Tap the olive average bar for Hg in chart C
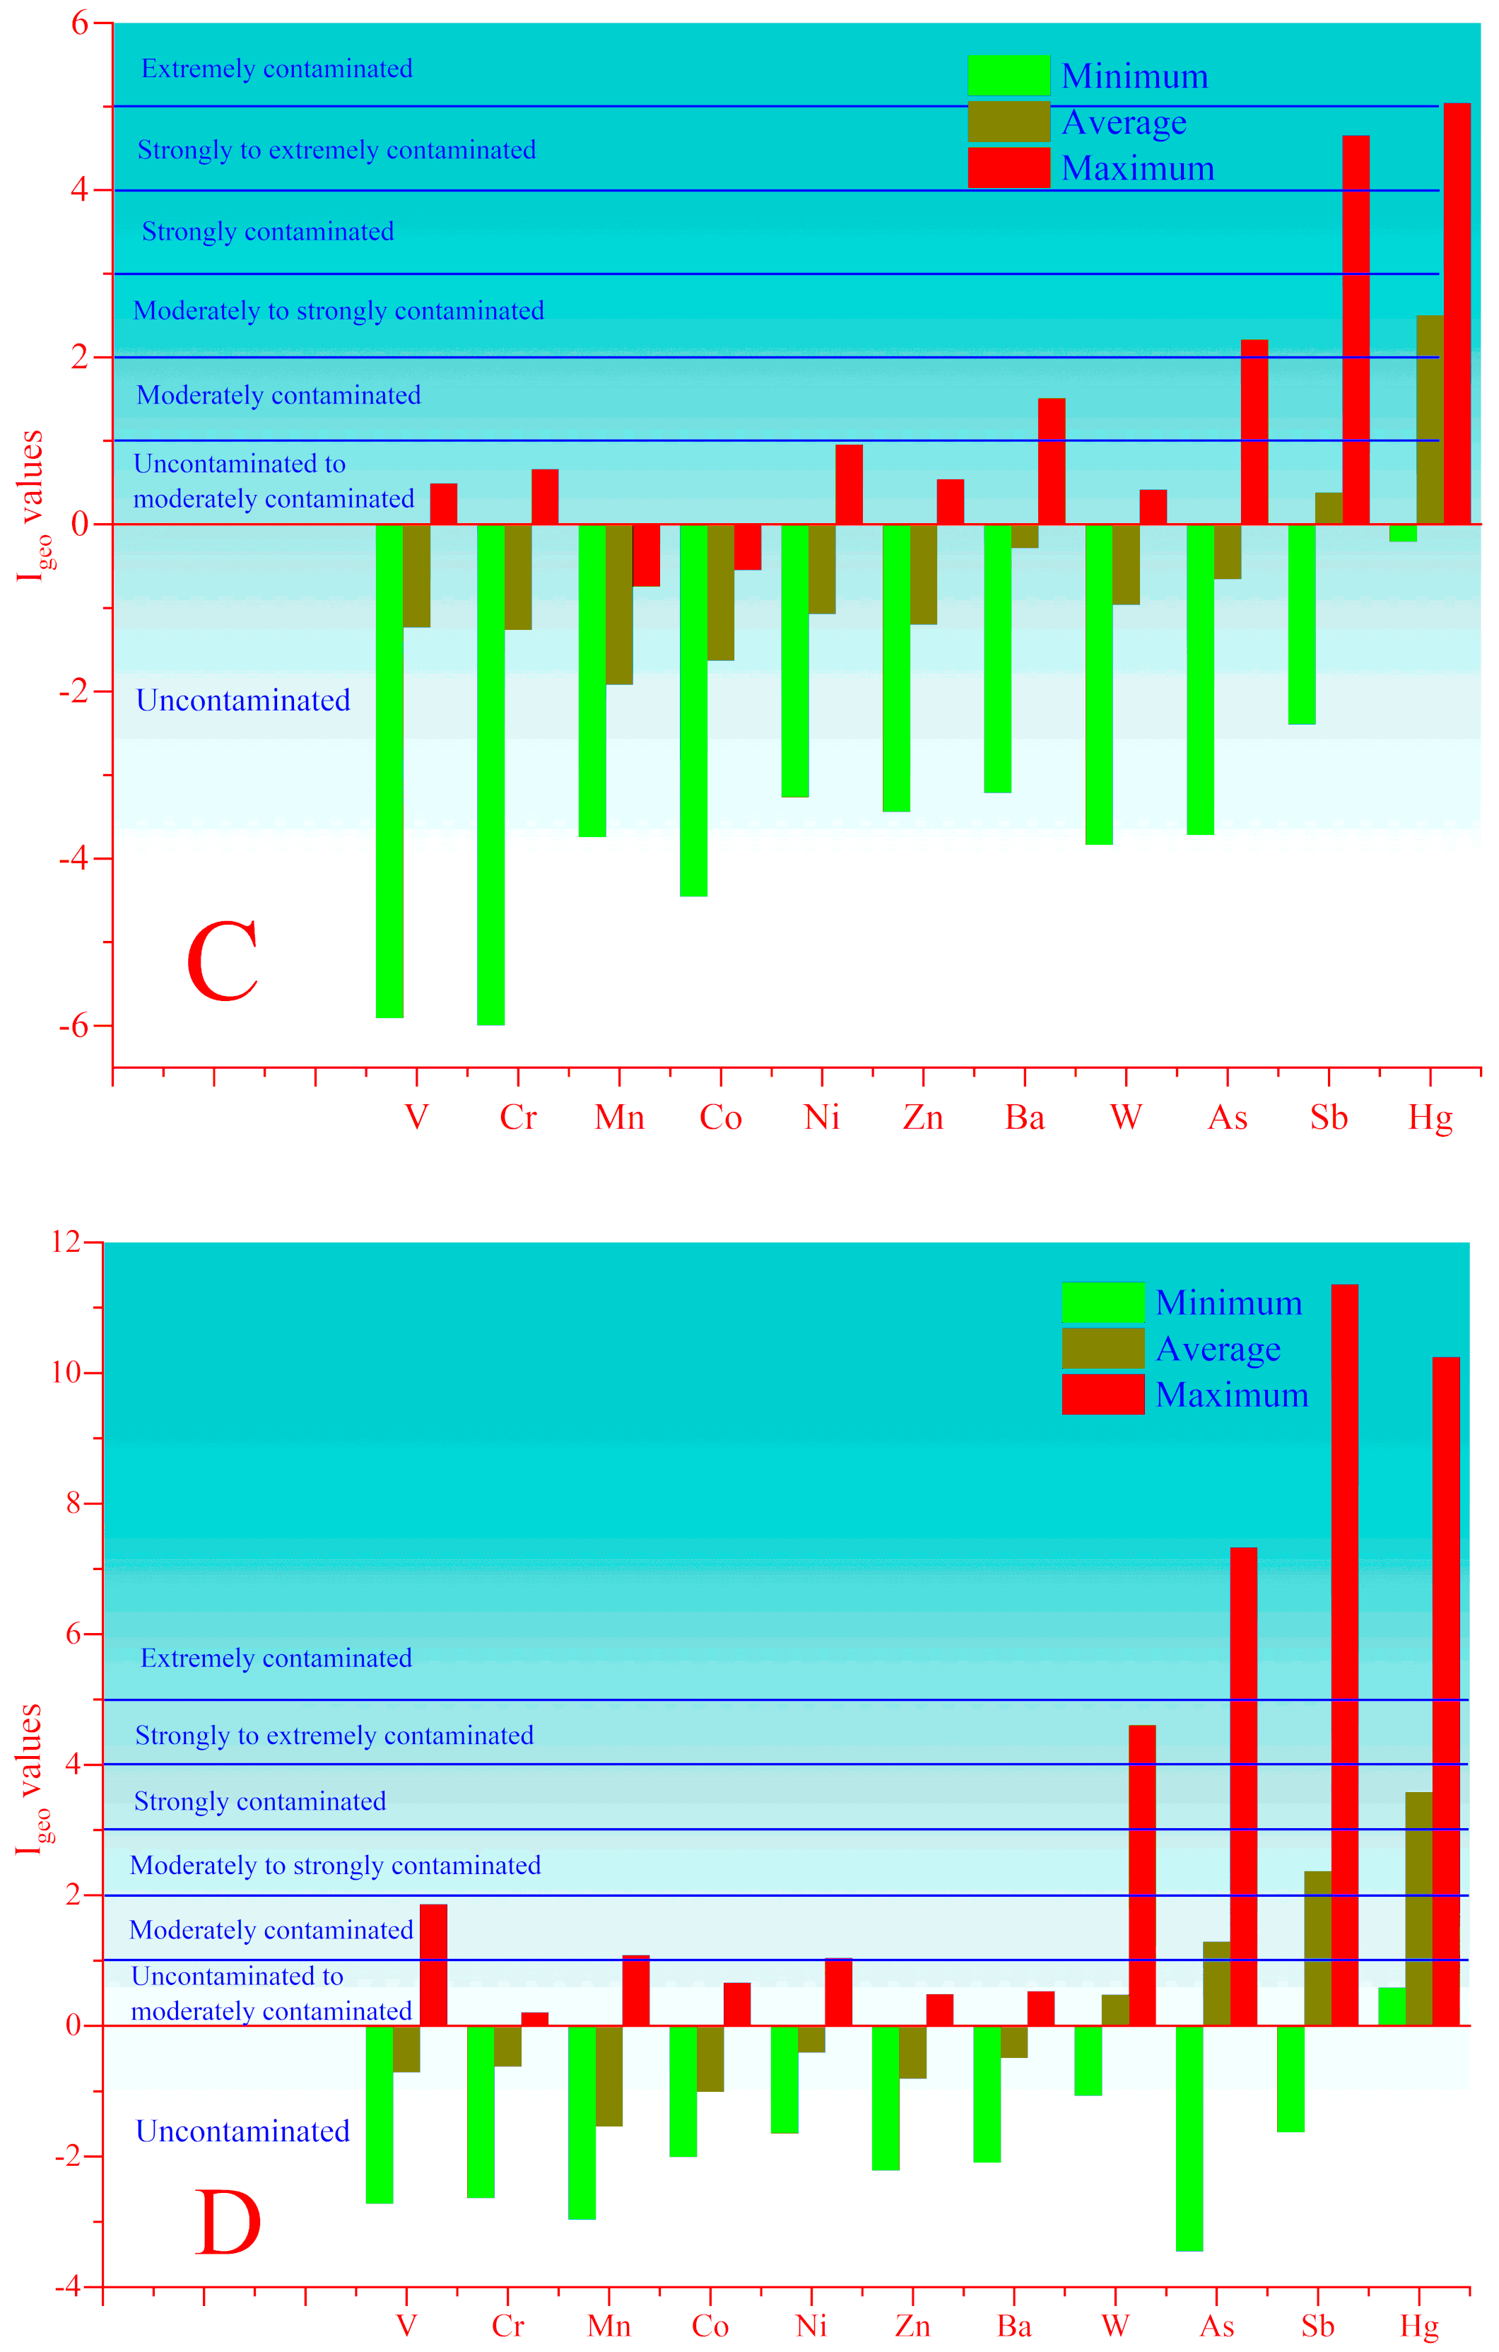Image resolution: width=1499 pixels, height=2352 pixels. pyautogui.click(x=1430, y=419)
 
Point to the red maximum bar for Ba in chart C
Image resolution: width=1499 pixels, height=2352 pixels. pyautogui.click(x=1051, y=461)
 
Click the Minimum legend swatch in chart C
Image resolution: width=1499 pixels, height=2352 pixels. pyautogui.click(x=1008, y=75)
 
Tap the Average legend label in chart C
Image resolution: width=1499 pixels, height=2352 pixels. pyautogui.click(x=1123, y=122)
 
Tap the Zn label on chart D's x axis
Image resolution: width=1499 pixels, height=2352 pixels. pyautogui.click(x=912, y=2327)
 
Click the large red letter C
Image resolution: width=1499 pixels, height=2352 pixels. pyautogui.click(x=223, y=962)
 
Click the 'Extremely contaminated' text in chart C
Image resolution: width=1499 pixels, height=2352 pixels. pyautogui.click(x=276, y=69)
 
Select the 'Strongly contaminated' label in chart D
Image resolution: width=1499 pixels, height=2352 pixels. pyautogui.click(x=260, y=1801)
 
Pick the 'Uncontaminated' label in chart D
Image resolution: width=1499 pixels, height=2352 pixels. pyautogui.click(x=242, y=2131)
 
